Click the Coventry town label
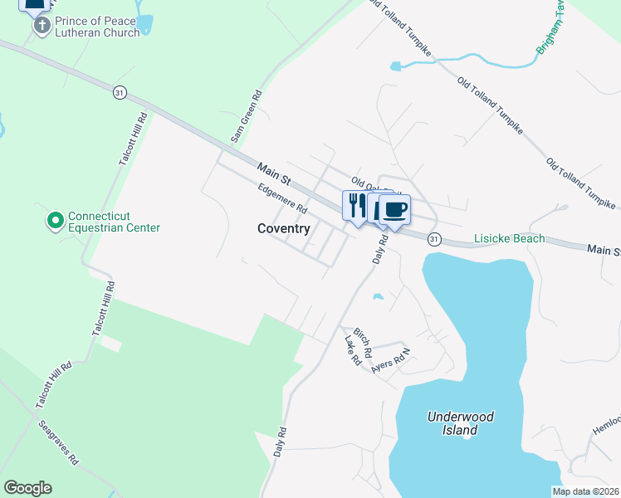(x=284, y=228)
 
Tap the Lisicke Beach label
(x=510, y=238)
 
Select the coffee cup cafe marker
(x=395, y=209)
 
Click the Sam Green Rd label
(x=246, y=115)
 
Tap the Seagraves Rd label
(x=58, y=442)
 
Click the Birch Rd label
(x=363, y=337)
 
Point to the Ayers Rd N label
(x=392, y=358)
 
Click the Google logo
(x=27, y=488)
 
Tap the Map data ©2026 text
(x=585, y=491)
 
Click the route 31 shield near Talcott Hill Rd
(x=120, y=93)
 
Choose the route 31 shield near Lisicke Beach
(x=433, y=238)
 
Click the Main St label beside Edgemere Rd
(x=273, y=174)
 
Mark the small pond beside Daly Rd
(x=379, y=296)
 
